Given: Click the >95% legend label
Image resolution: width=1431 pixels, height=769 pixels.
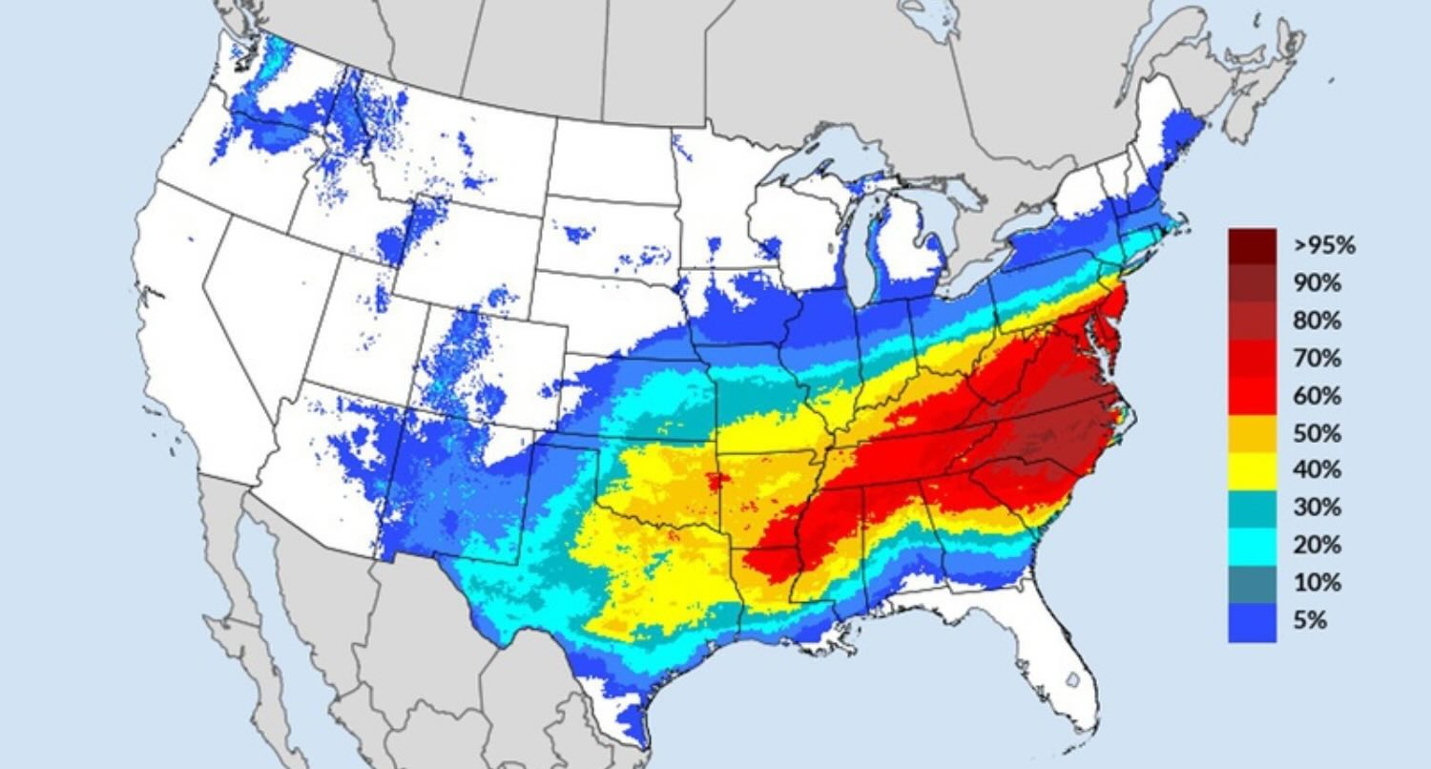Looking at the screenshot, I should [x=1323, y=245].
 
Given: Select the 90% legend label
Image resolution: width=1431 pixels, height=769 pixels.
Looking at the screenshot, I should [x=1317, y=283].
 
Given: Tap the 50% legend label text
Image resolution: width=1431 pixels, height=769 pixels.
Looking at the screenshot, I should [x=1317, y=433].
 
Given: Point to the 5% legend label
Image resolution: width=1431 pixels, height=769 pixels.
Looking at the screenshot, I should [x=1310, y=620].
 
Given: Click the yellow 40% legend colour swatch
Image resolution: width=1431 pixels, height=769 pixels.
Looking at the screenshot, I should [x=1252, y=470].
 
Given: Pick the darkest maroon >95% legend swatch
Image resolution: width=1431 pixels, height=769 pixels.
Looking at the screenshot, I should [x=1252, y=244].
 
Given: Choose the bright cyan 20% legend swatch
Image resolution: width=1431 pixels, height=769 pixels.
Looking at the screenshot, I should [x=1252, y=545].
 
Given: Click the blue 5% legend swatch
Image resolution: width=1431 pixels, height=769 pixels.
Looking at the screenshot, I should [x=1252, y=621].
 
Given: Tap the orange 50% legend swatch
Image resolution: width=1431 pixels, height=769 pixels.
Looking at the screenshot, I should [x=1252, y=433].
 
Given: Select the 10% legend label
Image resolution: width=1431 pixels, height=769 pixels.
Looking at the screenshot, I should [x=1317, y=583].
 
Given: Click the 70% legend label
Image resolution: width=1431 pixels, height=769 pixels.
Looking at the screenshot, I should [x=1317, y=359].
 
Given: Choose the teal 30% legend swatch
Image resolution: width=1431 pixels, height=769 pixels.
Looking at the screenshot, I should [x=1252, y=508].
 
